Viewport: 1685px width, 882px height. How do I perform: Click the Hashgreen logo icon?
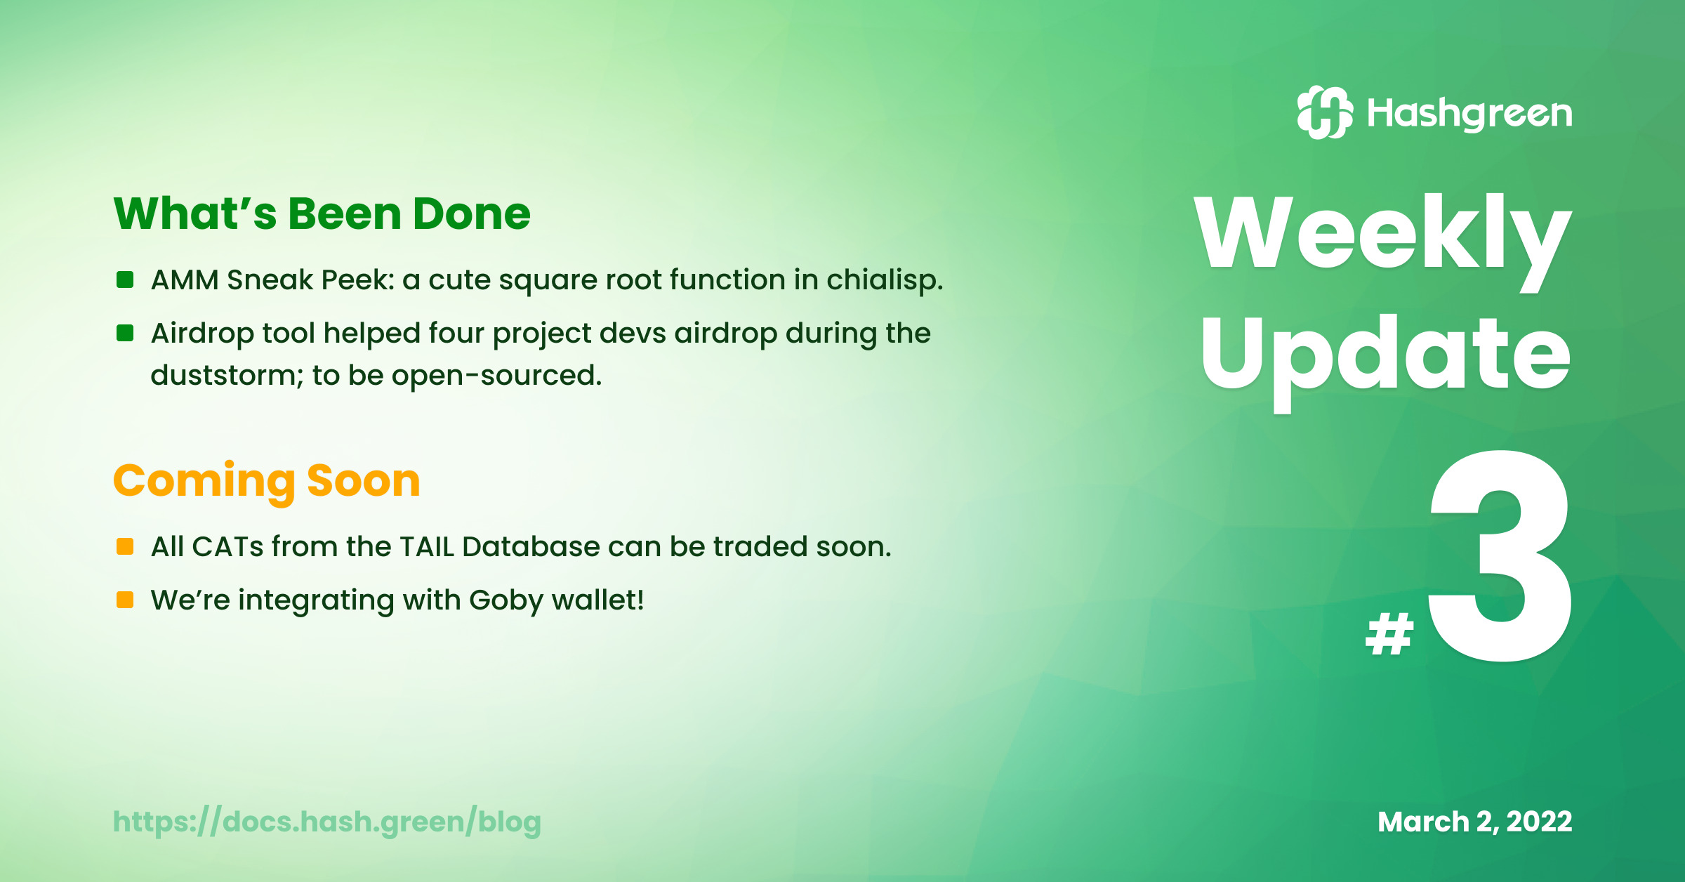[x=1325, y=112]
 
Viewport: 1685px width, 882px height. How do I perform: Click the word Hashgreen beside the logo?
[x=1469, y=114]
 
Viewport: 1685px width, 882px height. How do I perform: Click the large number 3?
[x=1500, y=555]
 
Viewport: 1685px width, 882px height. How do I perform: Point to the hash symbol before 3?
[x=1389, y=633]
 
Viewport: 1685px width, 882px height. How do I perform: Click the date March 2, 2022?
[x=1474, y=822]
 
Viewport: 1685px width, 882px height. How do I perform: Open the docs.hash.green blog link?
[x=327, y=822]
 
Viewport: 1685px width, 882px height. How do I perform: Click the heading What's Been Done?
[x=322, y=213]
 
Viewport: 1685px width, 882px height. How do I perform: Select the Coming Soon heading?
[x=267, y=482]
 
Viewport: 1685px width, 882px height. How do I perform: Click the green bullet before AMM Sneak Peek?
[x=125, y=279]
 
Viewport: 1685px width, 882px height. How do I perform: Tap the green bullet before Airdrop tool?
[x=125, y=333]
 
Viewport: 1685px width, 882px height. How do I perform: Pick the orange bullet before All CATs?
[x=125, y=546]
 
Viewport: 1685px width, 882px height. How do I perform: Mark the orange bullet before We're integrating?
[x=125, y=600]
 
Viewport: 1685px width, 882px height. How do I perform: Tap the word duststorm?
[x=227, y=376]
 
